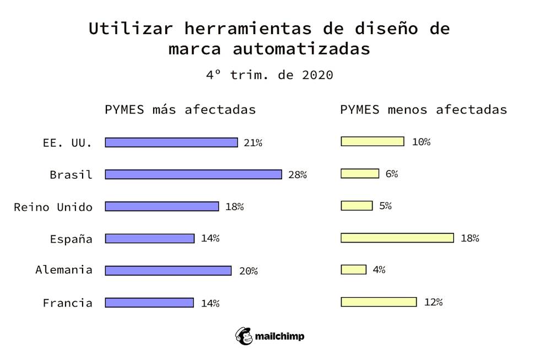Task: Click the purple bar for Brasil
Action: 193,174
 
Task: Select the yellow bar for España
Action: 397,238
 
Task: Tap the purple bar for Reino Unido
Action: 161,206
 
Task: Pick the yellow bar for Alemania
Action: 353,270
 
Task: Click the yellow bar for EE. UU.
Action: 372,141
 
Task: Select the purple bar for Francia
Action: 149,302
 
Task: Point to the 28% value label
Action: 298,175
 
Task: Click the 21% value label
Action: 253,143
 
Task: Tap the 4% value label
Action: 379,270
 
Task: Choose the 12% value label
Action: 433,302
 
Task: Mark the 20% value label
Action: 249,271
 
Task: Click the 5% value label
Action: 385,206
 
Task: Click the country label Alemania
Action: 64,270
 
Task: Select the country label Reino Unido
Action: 53,207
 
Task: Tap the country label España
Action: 71,239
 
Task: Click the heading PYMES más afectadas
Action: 180,109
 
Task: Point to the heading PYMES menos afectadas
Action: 423,109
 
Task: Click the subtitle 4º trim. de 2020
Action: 269,74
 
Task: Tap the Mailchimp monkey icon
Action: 244,336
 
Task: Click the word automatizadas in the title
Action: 301,49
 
